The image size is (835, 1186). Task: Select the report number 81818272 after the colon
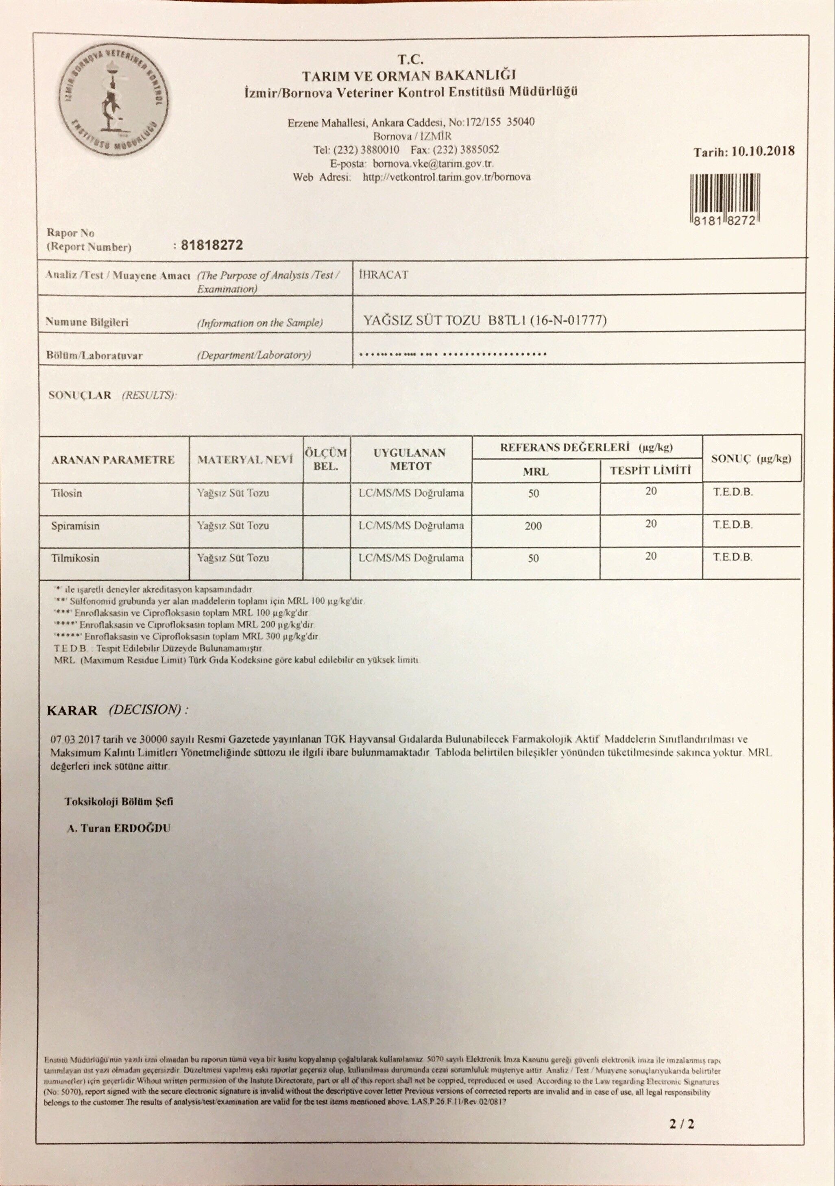[211, 245]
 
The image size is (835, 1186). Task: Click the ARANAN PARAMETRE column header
[113, 460]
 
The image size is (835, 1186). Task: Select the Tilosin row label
[67, 493]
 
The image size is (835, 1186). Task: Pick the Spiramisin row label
[75, 526]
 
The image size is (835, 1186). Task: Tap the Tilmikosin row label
[75, 558]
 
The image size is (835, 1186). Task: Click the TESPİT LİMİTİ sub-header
[650, 470]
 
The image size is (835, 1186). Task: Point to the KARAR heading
[72, 710]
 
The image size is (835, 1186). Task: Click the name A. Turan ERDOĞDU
[118, 828]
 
